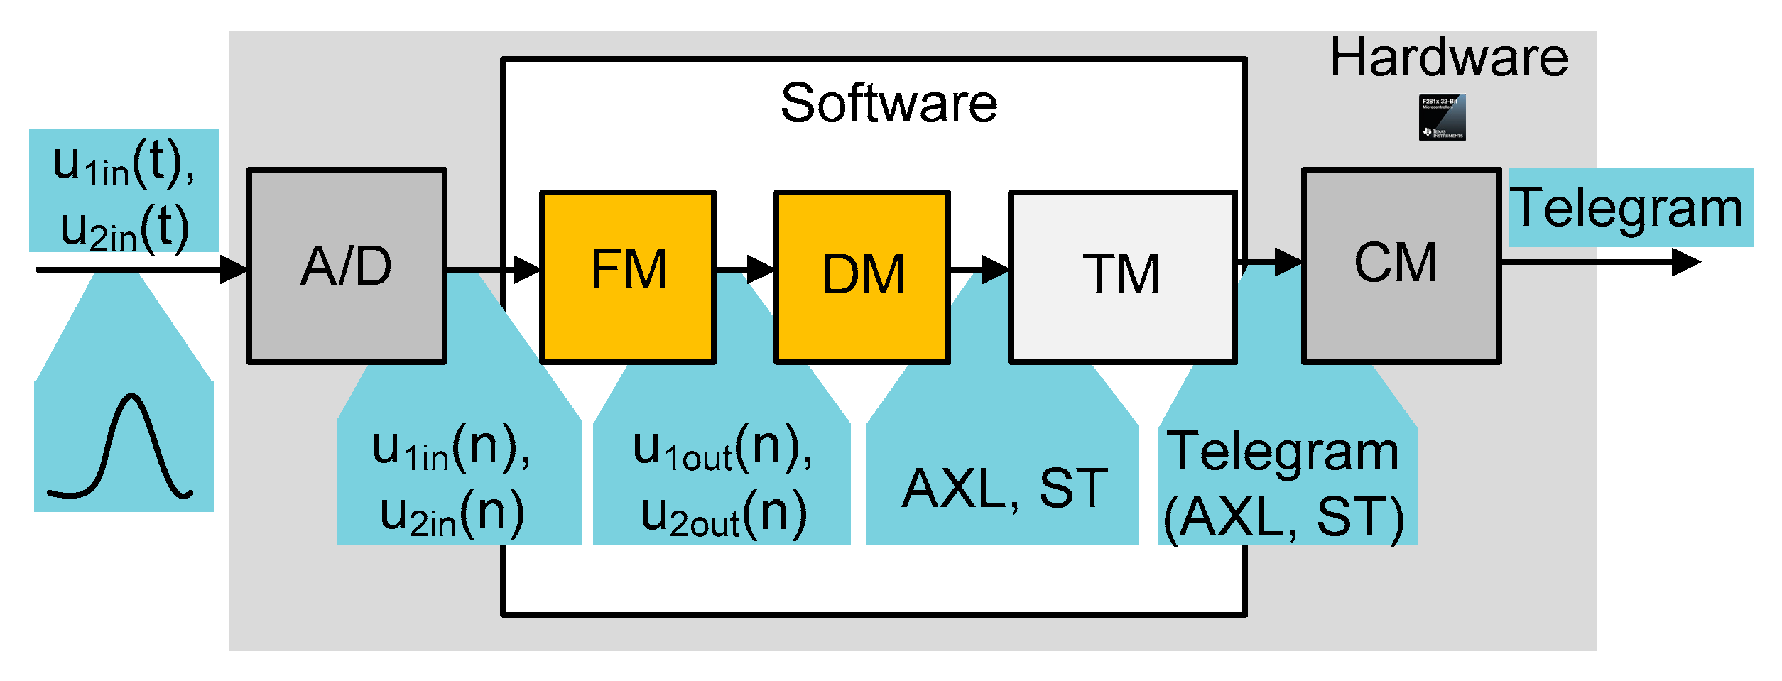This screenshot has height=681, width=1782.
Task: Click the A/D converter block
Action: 347,266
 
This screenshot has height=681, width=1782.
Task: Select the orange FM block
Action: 628,277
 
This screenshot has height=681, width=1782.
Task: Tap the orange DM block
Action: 862,277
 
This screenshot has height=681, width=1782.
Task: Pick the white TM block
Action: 1122,277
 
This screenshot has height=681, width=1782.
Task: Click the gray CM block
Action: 1401,266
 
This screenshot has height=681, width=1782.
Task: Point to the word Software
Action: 889,104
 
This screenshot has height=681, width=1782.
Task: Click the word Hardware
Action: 1449,58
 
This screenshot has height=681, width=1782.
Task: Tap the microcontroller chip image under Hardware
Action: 1442,117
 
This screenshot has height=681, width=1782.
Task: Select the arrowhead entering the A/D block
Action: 234,270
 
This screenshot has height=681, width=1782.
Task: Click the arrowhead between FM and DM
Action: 761,270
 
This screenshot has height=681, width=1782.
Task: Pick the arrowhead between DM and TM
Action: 996,270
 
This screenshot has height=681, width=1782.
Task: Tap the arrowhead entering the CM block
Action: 1289,262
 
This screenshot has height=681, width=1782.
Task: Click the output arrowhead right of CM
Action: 1687,262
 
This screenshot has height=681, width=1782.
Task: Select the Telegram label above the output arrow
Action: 1626,208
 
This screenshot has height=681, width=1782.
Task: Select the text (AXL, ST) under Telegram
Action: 1284,518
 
